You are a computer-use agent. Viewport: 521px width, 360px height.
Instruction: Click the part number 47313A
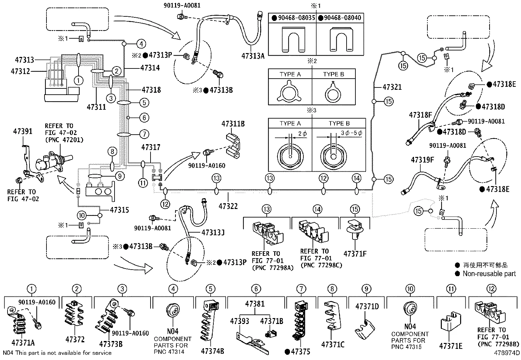pyautogui.click(x=253, y=56)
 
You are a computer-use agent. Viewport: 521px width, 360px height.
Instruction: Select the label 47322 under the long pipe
pyautogui.click(x=228, y=206)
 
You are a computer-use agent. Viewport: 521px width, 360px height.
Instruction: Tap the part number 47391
pyautogui.click(x=23, y=131)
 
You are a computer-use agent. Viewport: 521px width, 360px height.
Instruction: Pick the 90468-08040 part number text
pyautogui.click(x=342, y=18)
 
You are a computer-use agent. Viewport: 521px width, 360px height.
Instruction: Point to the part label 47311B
pyautogui.click(x=233, y=124)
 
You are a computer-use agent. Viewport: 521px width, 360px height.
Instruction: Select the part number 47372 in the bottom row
pyautogui.click(x=75, y=340)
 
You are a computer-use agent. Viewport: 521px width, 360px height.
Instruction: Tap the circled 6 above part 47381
pyautogui.click(x=256, y=289)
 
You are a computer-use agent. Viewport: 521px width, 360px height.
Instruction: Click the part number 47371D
pyautogui.click(x=367, y=307)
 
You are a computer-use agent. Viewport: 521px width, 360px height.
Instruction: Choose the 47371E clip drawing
pyautogui.click(x=450, y=323)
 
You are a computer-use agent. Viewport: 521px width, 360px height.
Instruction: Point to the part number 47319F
pyautogui.click(x=422, y=160)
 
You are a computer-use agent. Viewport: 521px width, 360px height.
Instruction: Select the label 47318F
pyautogui.click(x=421, y=115)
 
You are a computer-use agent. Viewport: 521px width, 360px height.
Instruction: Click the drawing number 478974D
pyautogui.click(x=507, y=353)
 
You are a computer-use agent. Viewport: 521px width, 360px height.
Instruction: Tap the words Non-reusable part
pyautogui.click(x=489, y=274)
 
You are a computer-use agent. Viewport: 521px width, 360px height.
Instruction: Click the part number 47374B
pyautogui.click(x=212, y=351)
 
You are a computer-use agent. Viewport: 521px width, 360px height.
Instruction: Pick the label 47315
pyautogui.click(x=119, y=210)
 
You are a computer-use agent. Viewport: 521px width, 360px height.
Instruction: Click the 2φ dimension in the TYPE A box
pyautogui.click(x=302, y=133)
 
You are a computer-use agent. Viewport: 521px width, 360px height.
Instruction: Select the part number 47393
pyautogui.click(x=240, y=321)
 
